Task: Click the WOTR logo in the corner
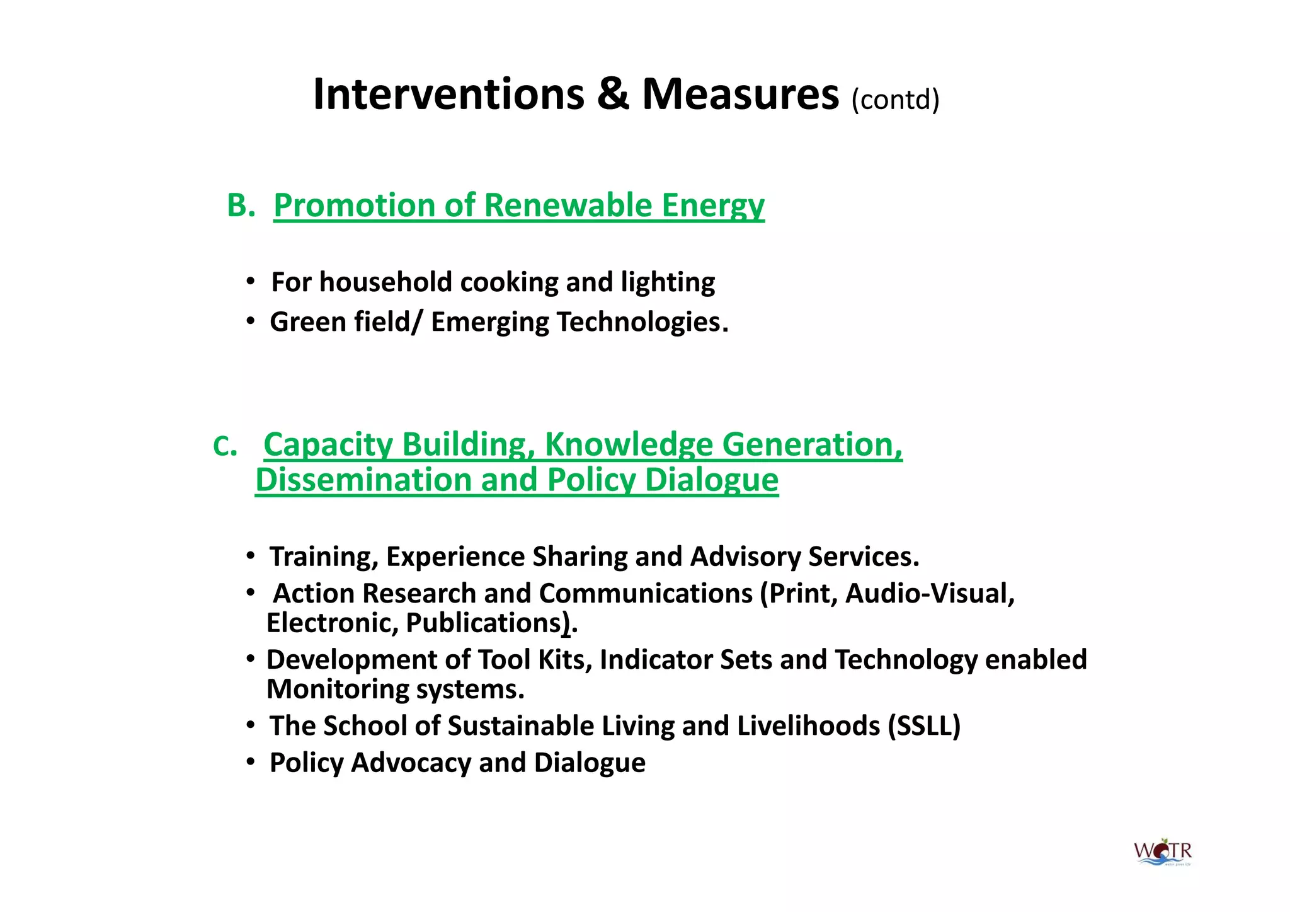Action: pyautogui.click(x=1163, y=853)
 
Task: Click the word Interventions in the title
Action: pyautogui.click(x=448, y=95)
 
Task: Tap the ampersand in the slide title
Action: pyautogui.click(x=613, y=95)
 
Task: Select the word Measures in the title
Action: pyautogui.click(x=740, y=95)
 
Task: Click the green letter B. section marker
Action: pyautogui.click(x=241, y=205)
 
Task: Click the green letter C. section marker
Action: pyautogui.click(x=225, y=447)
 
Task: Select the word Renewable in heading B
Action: pyautogui.click(x=568, y=205)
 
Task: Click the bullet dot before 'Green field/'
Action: pyautogui.click(x=251, y=321)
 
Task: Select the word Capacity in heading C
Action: pyautogui.click(x=328, y=445)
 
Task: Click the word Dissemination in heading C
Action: pyautogui.click(x=363, y=480)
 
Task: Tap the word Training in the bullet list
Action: pyautogui.click(x=323, y=557)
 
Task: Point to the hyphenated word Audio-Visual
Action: pyautogui.click(x=929, y=594)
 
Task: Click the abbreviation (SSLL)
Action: pyautogui.click(x=924, y=726)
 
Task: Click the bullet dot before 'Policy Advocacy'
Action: pyautogui.click(x=251, y=763)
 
